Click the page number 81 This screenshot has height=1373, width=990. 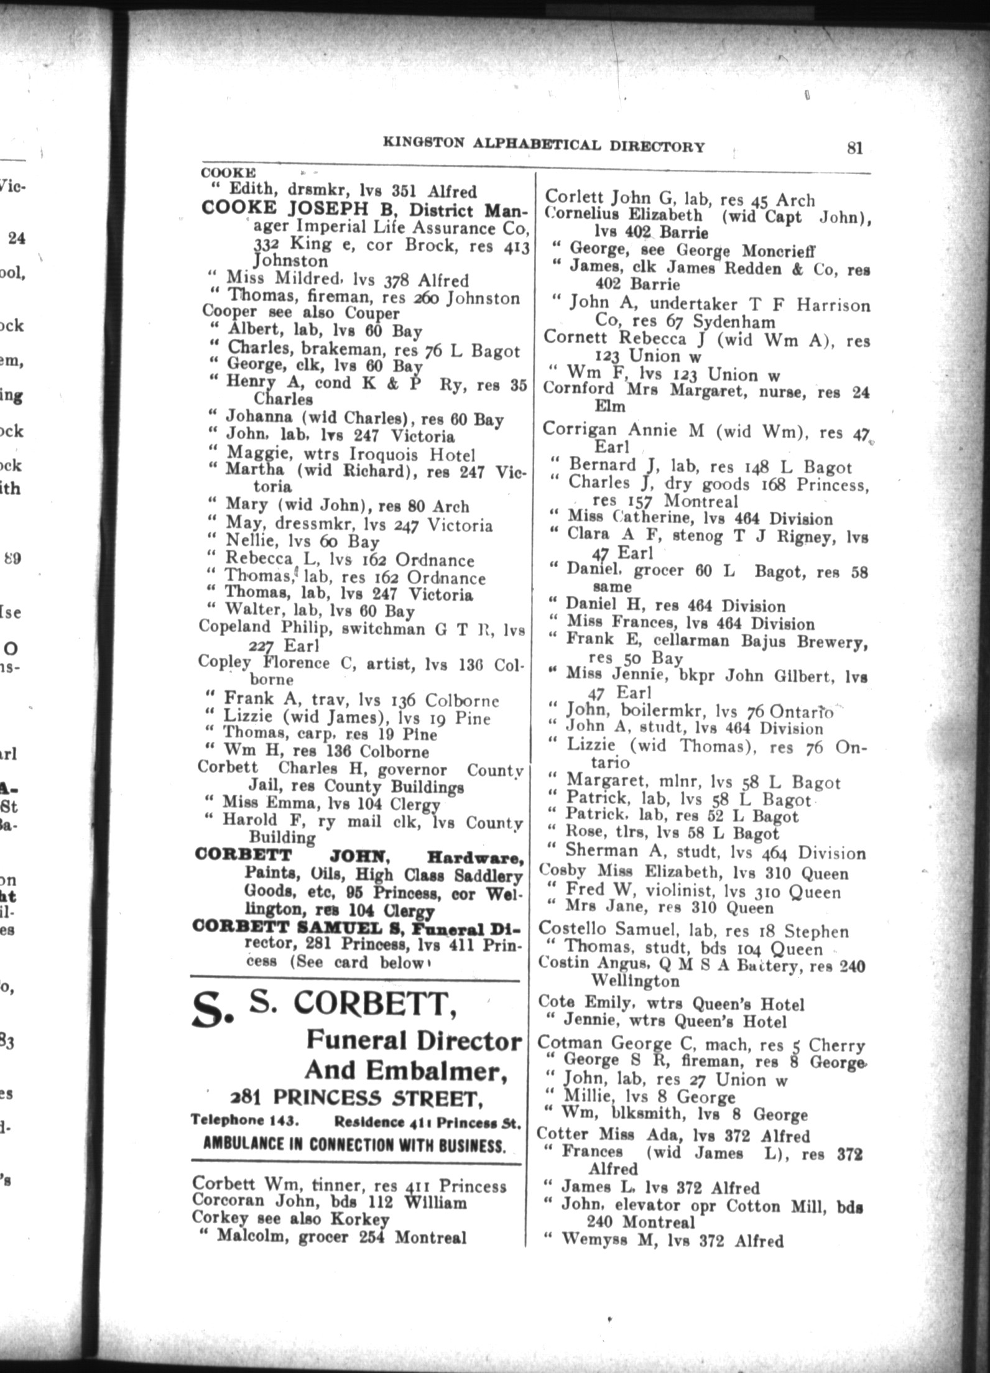tap(854, 148)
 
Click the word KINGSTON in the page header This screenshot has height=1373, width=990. tap(423, 144)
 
